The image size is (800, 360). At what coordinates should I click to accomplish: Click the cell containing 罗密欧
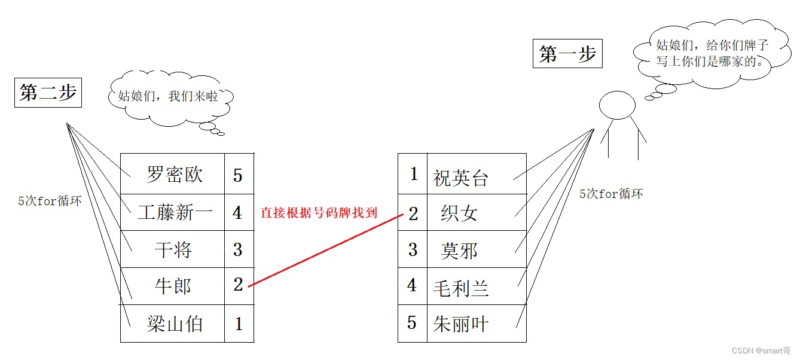(x=174, y=175)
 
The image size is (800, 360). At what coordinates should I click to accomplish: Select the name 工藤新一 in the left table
(x=174, y=212)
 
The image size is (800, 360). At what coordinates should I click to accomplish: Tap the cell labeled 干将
(x=173, y=249)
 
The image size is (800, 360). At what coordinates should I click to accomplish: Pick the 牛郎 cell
(x=173, y=286)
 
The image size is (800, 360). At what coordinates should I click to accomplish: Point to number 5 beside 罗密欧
(x=238, y=175)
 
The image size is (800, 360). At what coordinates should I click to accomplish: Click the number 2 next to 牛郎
(x=238, y=286)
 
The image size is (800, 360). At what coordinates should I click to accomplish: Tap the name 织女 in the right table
(x=459, y=213)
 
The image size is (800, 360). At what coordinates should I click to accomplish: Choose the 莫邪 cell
(x=459, y=251)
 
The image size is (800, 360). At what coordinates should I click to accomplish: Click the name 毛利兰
(x=461, y=288)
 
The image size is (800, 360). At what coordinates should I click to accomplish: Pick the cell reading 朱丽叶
(x=461, y=324)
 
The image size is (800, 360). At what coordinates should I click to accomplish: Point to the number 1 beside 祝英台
(x=413, y=174)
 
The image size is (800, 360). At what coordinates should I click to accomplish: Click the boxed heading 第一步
(x=567, y=55)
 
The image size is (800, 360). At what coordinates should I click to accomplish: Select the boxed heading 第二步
(x=48, y=93)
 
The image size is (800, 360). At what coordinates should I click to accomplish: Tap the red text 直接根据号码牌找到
(x=319, y=212)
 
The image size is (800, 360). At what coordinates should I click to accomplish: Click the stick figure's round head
(x=617, y=106)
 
